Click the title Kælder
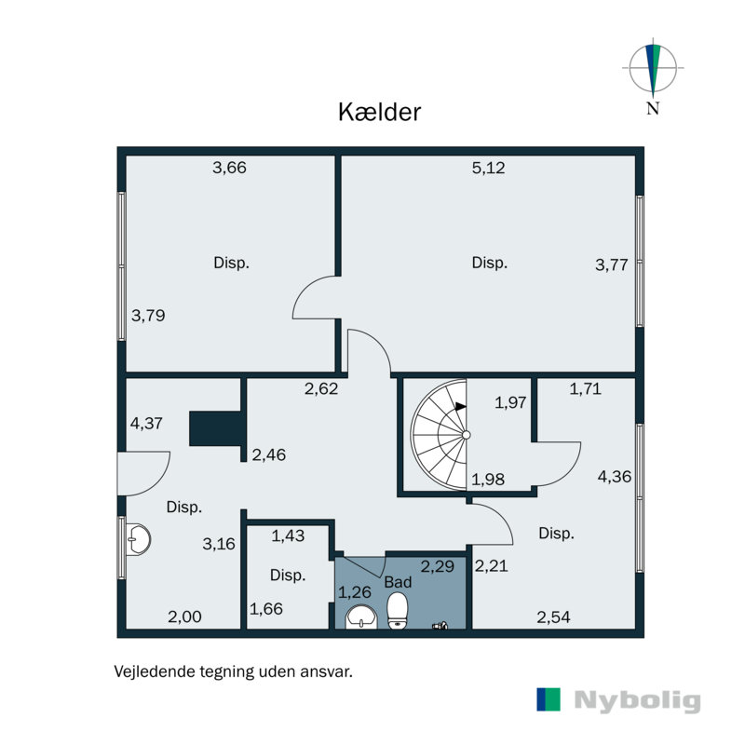379,113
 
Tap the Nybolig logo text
637,700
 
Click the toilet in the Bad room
399,612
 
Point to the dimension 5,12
489,169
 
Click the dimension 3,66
229,169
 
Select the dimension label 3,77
612,264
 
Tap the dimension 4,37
147,423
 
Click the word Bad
398,582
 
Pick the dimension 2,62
320,389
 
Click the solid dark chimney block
215,429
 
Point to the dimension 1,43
288,535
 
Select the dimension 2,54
552,616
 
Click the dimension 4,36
614,476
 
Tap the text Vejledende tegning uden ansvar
233,670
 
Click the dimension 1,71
586,389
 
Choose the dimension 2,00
183,616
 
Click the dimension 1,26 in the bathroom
354,591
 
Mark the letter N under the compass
653,108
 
